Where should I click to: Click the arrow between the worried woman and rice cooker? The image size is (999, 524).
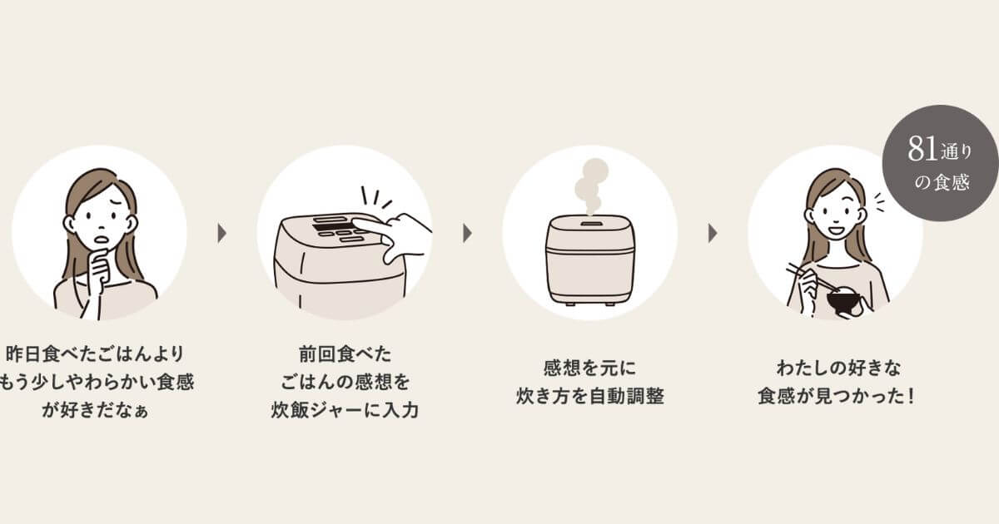(222, 233)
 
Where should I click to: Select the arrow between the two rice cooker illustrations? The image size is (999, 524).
(467, 233)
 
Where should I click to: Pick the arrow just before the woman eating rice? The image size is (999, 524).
(713, 233)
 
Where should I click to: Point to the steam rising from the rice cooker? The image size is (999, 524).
(589, 185)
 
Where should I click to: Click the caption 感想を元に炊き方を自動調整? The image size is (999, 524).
(589, 382)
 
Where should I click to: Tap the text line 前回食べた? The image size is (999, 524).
(344, 354)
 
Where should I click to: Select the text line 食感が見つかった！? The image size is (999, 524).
(836, 395)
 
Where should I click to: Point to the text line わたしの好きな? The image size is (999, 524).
(836, 367)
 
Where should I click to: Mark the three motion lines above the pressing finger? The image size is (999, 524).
(375, 198)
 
